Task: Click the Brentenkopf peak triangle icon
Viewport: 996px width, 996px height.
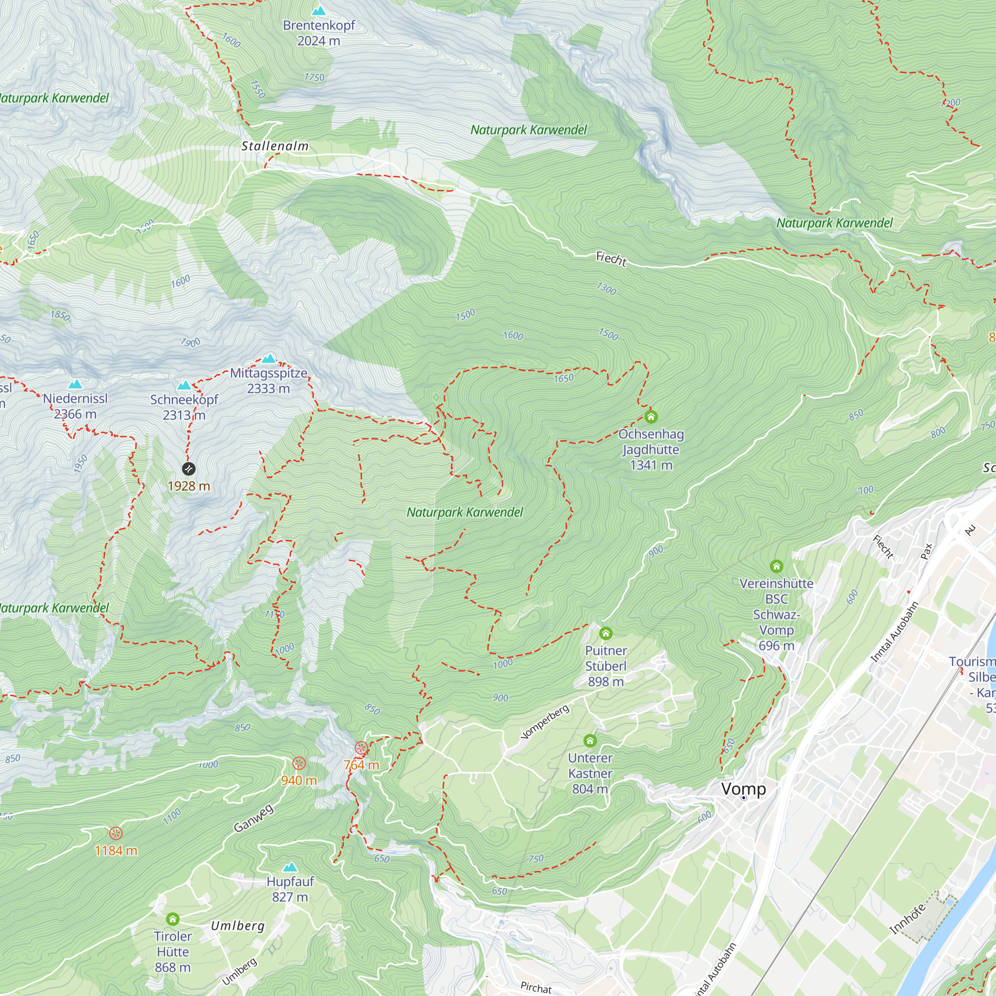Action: pos(319,11)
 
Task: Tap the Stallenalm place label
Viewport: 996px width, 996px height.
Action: pos(275,146)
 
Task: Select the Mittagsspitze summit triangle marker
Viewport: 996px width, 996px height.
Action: pos(268,359)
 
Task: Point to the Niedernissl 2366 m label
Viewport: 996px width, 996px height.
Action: pos(75,406)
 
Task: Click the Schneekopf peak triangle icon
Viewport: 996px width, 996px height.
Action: pos(184,385)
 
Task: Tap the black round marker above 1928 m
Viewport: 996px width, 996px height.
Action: pos(189,469)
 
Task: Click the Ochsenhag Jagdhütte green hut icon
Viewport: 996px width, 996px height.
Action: pos(650,416)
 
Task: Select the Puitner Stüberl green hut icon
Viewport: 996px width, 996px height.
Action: pos(606,633)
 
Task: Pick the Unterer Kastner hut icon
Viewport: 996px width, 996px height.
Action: pos(590,741)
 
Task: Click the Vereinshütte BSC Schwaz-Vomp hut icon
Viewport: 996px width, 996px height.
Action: pos(776,567)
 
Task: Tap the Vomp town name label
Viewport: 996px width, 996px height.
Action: pos(743,789)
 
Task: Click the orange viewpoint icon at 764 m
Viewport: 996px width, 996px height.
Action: pos(362,748)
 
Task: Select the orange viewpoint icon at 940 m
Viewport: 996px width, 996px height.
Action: pos(299,763)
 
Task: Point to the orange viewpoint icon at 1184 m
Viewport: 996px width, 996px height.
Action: pos(116,834)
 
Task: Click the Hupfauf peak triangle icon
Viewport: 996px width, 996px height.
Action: pos(290,867)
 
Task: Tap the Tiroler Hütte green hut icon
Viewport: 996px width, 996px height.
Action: pos(173,919)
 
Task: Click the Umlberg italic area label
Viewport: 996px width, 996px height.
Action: pos(238,926)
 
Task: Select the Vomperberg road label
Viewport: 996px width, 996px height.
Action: pos(545,722)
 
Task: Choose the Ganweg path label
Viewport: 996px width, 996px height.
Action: pos(253,818)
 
